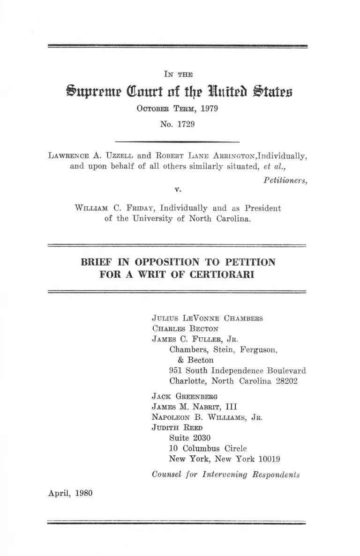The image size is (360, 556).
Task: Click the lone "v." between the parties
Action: point(177,190)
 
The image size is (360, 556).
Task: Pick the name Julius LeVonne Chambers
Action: point(207,319)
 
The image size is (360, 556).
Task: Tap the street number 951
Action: point(176,371)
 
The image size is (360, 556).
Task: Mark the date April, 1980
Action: point(70,493)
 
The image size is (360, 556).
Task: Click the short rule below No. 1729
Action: point(177,141)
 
